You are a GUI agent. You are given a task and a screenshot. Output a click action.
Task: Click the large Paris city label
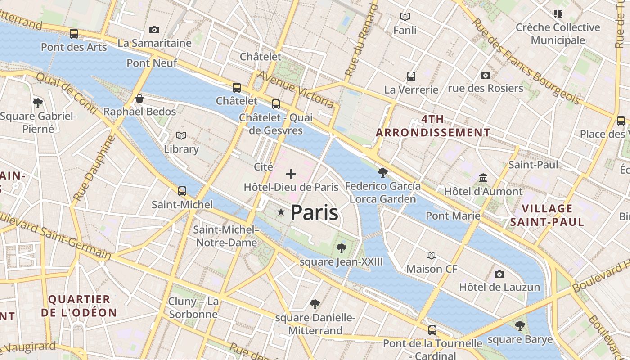click(x=314, y=212)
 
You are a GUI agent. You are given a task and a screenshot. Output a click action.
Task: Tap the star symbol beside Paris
click(x=281, y=212)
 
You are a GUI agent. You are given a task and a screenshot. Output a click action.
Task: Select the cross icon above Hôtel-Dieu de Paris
click(x=291, y=174)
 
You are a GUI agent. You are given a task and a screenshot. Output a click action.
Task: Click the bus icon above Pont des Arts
click(x=74, y=34)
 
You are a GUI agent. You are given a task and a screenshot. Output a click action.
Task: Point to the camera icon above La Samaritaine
click(x=154, y=30)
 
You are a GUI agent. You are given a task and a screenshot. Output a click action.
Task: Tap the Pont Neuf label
click(x=152, y=63)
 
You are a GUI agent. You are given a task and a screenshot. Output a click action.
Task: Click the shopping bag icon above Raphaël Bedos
click(x=139, y=99)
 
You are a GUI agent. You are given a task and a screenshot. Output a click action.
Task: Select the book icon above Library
click(x=181, y=135)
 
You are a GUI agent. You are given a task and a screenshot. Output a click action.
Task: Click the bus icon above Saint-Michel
click(x=182, y=191)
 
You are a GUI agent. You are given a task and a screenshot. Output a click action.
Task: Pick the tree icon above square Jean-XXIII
click(x=342, y=248)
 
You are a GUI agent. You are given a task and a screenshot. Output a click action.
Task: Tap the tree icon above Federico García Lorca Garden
click(x=383, y=172)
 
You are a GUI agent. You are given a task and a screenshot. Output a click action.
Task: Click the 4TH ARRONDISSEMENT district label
click(x=433, y=126)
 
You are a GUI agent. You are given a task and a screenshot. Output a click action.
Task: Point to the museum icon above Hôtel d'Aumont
click(x=483, y=178)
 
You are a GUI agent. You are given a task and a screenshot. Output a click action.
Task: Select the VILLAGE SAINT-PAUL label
click(x=547, y=215)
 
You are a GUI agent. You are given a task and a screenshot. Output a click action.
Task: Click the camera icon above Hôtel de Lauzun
click(x=499, y=274)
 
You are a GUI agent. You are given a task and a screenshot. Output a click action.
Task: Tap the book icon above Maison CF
click(x=432, y=256)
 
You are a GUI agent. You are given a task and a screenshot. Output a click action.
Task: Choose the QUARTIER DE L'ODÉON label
click(x=79, y=306)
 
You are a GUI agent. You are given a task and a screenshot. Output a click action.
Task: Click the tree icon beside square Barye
click(x=520, y=325)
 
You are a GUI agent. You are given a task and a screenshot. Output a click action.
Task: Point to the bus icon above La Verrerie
click(x=411, y=76)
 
